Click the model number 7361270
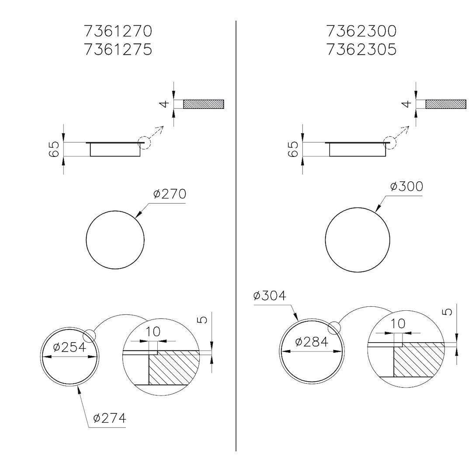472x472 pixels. pos(118,31)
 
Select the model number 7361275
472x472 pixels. pos(118,49)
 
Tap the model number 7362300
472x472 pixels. pos(361,31)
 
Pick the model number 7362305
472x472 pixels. pos(361,49)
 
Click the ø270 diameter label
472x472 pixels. pos(170,194)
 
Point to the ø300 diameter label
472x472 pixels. pos(406,187)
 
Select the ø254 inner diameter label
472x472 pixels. pos(69,347)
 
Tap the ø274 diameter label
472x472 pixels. pos(110,418)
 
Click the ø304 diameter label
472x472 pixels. pos(270,296)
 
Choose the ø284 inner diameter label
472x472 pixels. pos(312,342)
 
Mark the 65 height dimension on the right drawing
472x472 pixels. pos(294,149)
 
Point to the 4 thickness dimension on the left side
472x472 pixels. pos(164,104)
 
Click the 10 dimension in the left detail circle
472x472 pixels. pos(153,332)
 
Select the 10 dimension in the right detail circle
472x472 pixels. pos(398,324)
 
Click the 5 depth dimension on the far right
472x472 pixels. pos(447,312)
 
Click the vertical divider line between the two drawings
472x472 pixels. pos(236,236)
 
